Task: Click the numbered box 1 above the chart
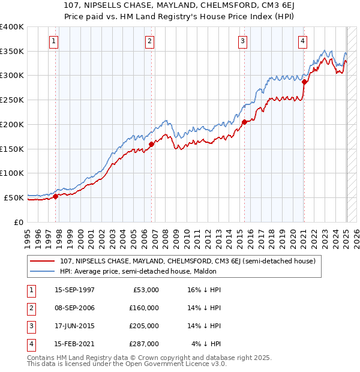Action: [54, 41]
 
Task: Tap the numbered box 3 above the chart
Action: [242, 41]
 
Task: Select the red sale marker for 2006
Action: [152, 144]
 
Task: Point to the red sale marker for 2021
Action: [305, 82]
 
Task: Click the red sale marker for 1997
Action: [56, 196]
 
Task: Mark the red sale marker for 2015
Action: [245, 122]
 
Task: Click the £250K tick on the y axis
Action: [12, 100]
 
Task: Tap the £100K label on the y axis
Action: [12, 173]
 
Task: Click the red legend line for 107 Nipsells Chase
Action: [43, 261]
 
